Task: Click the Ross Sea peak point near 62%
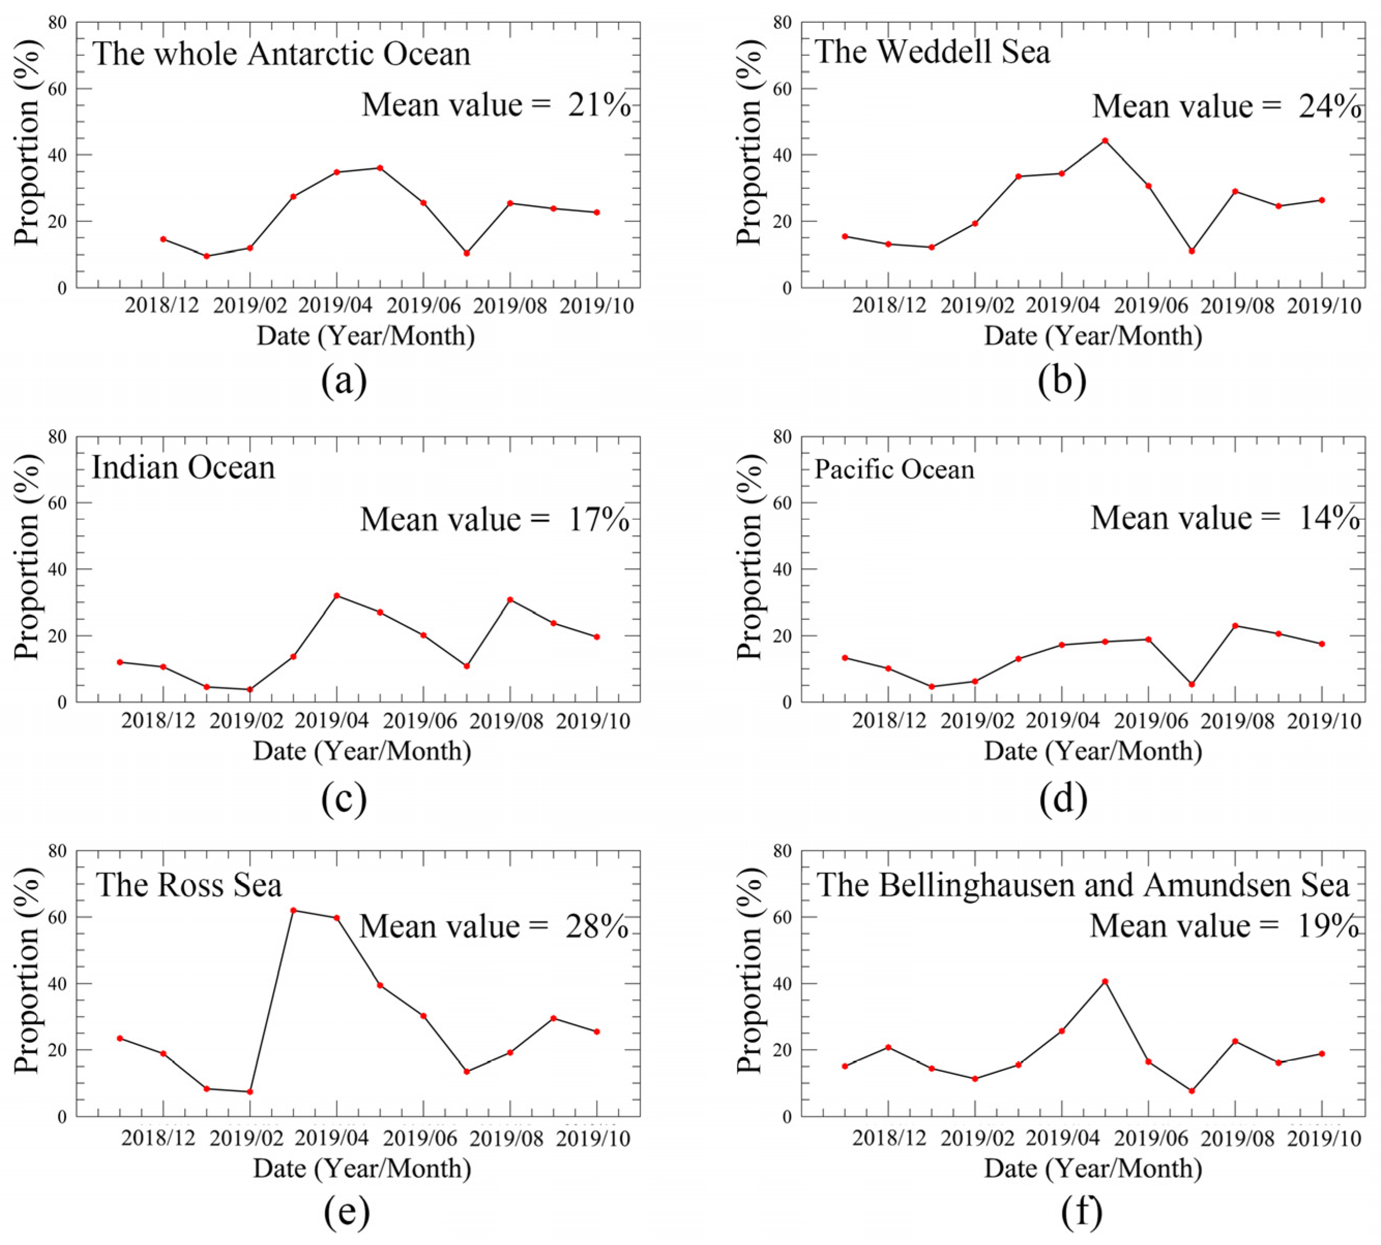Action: (x=293, y=910)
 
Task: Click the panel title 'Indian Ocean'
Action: (x=184, y=468)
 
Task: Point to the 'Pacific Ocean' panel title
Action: (x=894, y=469)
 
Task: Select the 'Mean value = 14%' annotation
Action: (x=1225, y=518)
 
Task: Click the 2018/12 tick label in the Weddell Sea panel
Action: (x=888, y=305)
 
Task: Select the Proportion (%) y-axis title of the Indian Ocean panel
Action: (x=27, y=568)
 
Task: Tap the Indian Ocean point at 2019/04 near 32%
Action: (x=337, y=595)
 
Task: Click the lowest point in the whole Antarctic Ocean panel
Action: (x=206, y=256)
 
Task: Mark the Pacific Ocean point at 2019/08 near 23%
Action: (x=1235, y=625)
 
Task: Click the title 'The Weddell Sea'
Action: (x=932, y=52)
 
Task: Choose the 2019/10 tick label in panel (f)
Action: (x=1324, y=1138)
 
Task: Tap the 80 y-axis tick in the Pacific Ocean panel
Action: (x=783, y=436)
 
